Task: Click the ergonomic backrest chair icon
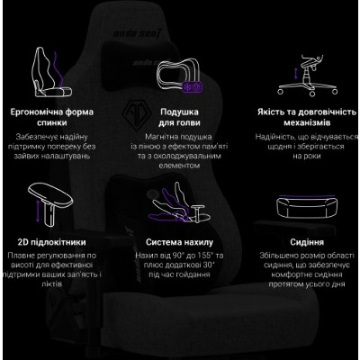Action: pyautogui.click(x=51, y=73)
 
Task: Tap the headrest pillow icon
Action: pyautogui.click(x=179, y=75)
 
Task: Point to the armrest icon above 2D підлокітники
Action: pyautogui.click(x=50, y=205)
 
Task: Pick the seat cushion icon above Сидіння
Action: pyautogui.click(x=307, y=206)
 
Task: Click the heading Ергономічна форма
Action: pyautogui.click(x=52, y=112)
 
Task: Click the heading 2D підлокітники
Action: pyautogui.click(x=51, y=242)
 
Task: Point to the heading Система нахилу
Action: pyautogui.click(x=179, y=242)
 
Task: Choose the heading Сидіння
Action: pyautogui.click(x=307, y=242)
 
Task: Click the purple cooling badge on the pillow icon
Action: pyautogui.click(x=192, y=87)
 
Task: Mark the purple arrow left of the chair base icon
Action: pyautogui.click(x=296, y=73)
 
